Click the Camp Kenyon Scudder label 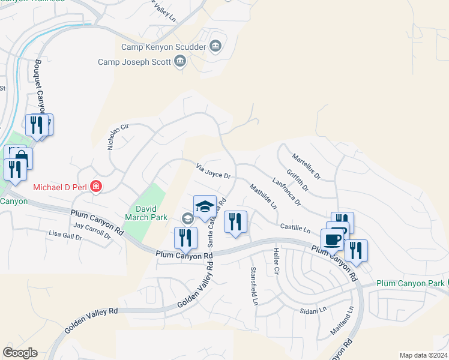164,46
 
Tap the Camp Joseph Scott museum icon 180,61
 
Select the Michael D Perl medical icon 95,187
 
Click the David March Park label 147,214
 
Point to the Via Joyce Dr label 214,172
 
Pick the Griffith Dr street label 297,179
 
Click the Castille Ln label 295,229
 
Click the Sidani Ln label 313,310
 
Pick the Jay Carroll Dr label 92,230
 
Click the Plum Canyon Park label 410,283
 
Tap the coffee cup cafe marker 332,240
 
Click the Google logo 20,353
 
